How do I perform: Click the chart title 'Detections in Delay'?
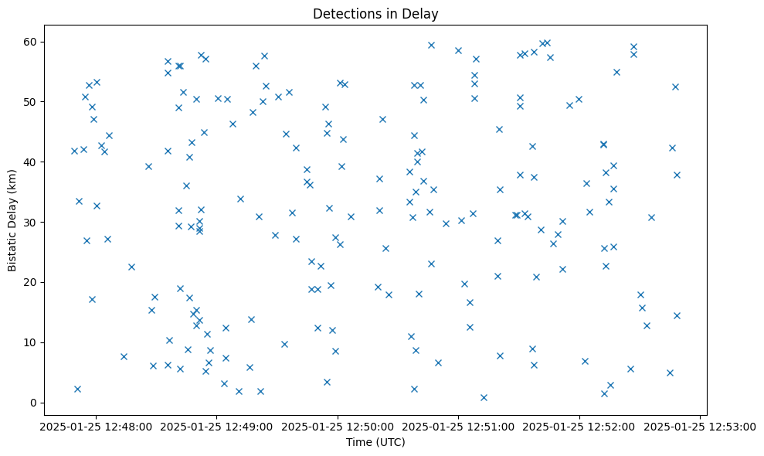click(x=375, y=14)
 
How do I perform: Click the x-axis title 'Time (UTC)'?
click(x=375, y=442)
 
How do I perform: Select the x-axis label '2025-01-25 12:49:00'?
click(x=217, y=426)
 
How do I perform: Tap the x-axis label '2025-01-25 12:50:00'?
click(x=338, y=426)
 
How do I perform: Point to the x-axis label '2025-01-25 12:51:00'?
click(x=459, y=426)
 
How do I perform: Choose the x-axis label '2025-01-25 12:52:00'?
click(x=579, y=426)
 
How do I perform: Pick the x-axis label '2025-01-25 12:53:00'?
click(x=701, y=426)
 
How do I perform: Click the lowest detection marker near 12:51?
click(x=484, y=397)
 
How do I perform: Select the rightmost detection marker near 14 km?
click(x=677, y=315)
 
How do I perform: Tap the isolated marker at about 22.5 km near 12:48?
click(x=131, y=267)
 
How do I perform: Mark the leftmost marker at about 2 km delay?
click(x=77, y=389)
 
